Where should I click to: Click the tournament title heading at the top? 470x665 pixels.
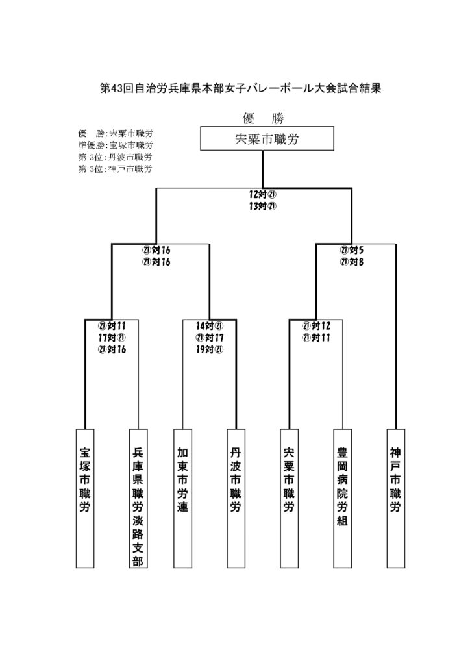click(240, 88)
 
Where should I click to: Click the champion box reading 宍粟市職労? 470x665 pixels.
click(267, 138)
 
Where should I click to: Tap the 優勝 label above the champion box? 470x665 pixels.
click(263, 118)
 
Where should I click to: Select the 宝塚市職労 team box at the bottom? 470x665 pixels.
click(85, 498)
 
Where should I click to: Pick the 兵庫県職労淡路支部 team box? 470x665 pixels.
click(138, 498)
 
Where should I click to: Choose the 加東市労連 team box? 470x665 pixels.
click(182, 498)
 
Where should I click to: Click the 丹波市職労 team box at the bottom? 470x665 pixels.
click(236, 498)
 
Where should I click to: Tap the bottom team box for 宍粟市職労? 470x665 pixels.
click(289, 498)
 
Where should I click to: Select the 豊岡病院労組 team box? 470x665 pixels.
click(342, 498)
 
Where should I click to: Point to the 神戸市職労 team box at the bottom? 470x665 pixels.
click(396, 498)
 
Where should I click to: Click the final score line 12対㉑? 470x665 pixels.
click(263, 195)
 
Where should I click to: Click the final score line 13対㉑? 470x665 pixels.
click(263, 207)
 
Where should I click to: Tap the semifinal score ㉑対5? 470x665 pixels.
click(352, 250)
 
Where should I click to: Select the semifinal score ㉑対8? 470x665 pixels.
click(352, 262)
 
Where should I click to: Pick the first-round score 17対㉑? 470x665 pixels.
click(112, 338)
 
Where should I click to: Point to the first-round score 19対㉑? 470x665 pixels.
click(210, 350)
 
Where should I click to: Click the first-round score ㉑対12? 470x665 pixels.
click(316, 326)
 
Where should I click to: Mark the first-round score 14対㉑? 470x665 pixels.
click(210, 326)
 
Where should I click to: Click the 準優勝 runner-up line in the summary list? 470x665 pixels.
click(116, 145)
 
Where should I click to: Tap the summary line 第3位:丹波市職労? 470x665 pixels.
click(116, 157)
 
